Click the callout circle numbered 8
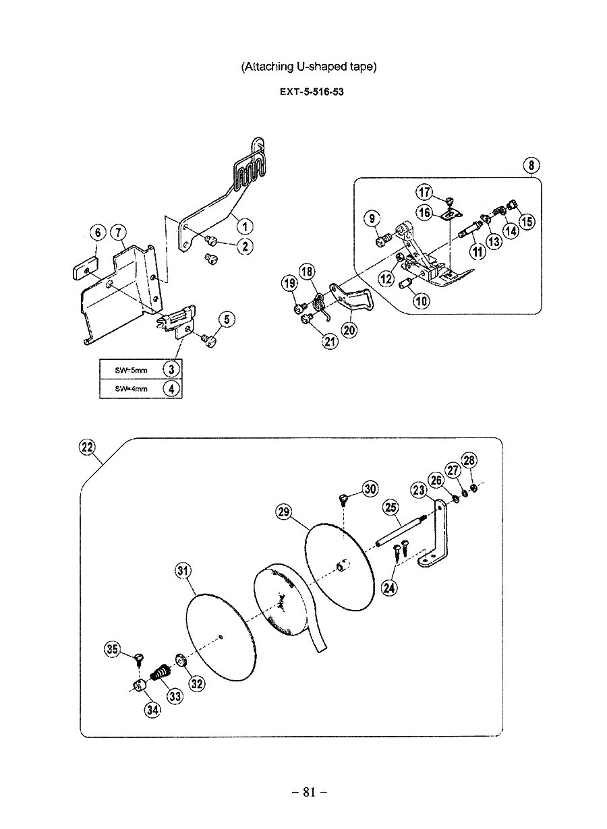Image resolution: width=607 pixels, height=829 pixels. [531, 165]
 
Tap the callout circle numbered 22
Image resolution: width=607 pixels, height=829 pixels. [87, 448]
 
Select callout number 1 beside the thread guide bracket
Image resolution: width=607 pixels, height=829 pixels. [245, 226]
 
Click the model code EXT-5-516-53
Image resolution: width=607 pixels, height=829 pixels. [312, 92]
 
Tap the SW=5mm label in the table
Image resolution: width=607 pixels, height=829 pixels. [131, 370]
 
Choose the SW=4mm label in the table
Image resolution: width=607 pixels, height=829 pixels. [131, 389]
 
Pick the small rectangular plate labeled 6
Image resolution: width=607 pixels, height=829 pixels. [85, 269]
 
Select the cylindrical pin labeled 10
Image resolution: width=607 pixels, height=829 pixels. [406, 284]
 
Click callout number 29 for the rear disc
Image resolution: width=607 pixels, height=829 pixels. [284, 512]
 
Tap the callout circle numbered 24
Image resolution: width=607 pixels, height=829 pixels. [389, 586]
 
